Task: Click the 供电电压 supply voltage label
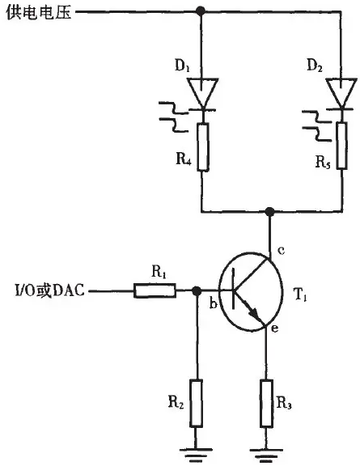coord(39,13)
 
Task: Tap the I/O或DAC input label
coord(49,290)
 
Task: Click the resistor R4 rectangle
coord(203,146)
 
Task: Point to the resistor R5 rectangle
coord(342,146)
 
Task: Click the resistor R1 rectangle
coord(155,290)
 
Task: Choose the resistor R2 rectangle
coord(197,403)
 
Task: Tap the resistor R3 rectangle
coord(266,403)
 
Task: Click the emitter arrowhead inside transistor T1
coord(252,311)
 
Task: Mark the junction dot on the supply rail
coord(201,11)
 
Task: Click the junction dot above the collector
coord(269,212)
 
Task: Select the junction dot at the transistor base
coord(196,290)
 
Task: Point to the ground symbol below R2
coord(197,454)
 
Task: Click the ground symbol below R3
coord(266,455)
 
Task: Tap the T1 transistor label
coord(299,294)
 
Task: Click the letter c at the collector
coord(281,250)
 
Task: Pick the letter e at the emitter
coord(275,328)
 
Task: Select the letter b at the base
coord(213,303)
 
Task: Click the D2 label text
coord(315,66)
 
